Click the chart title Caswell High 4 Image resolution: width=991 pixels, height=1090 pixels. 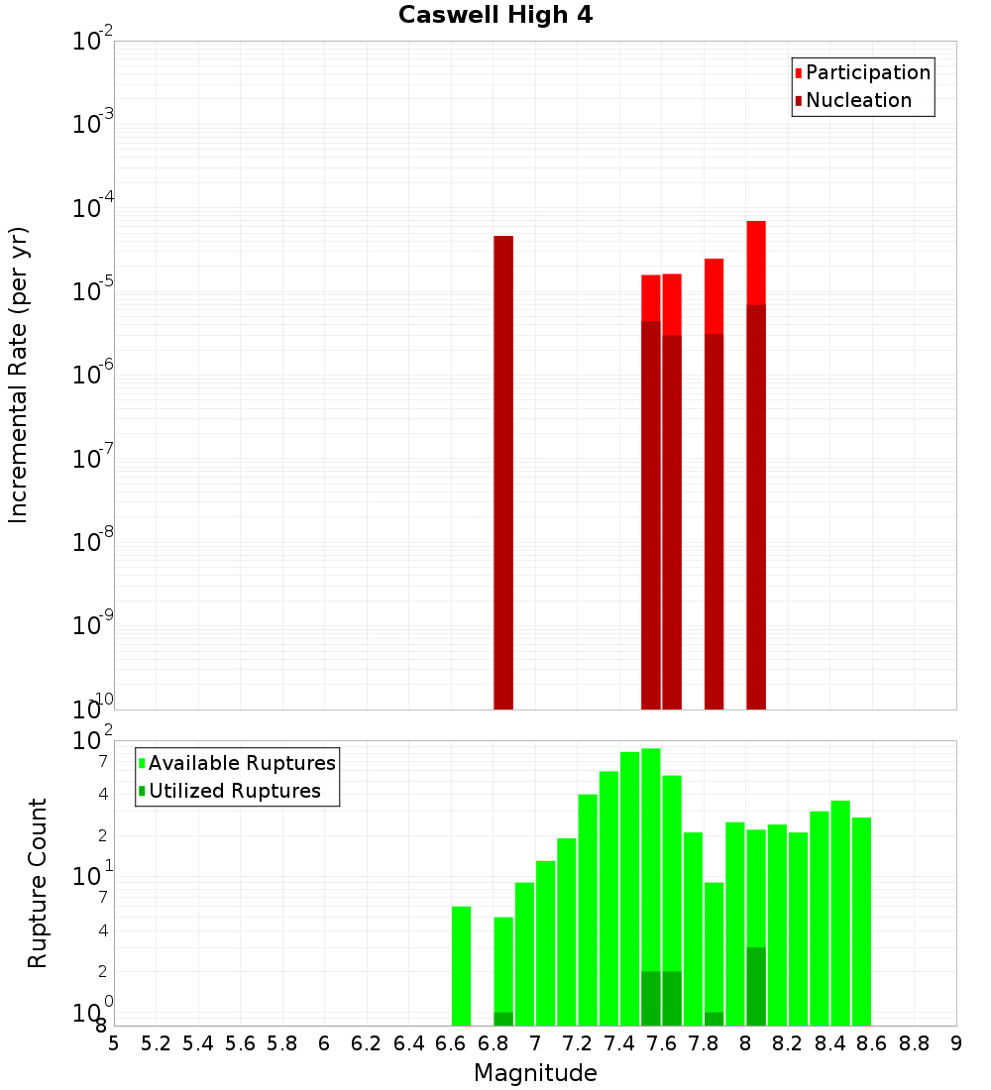point(495,16)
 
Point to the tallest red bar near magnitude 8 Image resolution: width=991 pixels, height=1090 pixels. point(756,263)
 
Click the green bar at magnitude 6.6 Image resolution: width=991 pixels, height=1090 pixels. point(461,966)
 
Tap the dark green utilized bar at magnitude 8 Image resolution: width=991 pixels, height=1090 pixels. point(756,987)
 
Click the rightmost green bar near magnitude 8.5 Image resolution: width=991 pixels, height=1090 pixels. point(861,922)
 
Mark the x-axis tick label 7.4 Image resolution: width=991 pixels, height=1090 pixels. point(619,1043)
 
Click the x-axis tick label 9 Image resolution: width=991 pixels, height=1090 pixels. point(955,1043)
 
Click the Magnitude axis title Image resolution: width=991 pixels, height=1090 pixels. point(535,1073)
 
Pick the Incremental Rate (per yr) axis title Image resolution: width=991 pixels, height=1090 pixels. point(19,375)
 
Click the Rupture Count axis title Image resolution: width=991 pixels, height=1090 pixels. point(38,883)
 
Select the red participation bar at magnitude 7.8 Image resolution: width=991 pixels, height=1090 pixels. point(714,295)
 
